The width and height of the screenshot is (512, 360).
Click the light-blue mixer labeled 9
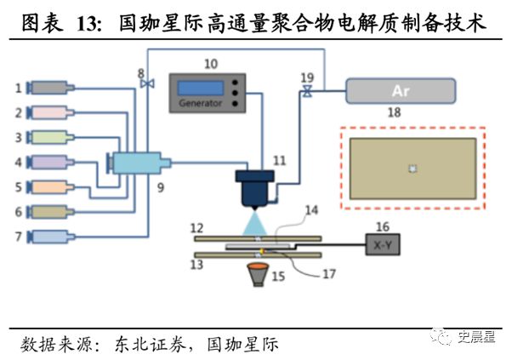tap(136, 162)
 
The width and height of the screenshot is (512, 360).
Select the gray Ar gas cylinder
tap(400, 90)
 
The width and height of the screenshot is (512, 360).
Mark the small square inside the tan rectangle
tap(412, 169)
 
